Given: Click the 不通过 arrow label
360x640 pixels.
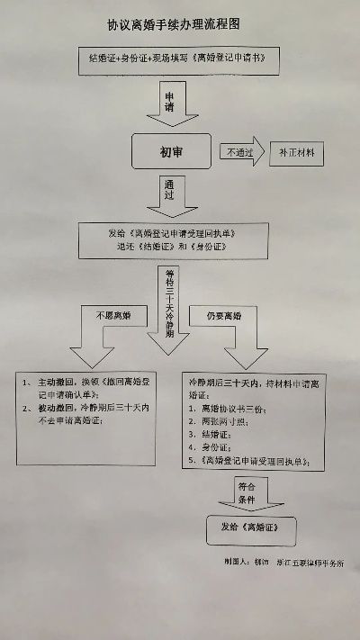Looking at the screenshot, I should (x=237, y=151).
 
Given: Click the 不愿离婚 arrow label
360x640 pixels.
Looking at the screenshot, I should (x=107, y=315).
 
